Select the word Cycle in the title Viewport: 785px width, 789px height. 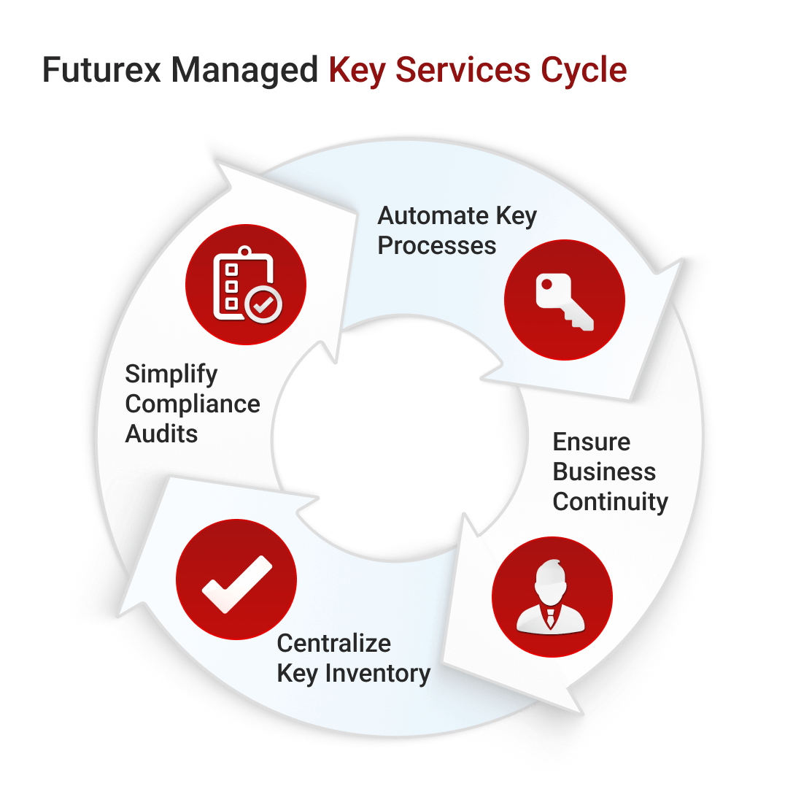(583, 71)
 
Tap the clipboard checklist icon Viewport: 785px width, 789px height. (245, 285)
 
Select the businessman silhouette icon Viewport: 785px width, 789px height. (552, 596)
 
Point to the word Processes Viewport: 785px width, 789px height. (437, 245)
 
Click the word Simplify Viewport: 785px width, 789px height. (171, 374)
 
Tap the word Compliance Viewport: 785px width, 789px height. (193, 404)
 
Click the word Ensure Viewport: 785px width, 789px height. (592, 442)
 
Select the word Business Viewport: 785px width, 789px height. (604, 472)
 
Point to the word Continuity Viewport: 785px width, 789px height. (610, 501)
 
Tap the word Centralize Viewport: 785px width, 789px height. (334, 643)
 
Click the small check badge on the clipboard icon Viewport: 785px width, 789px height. (263, 305)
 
